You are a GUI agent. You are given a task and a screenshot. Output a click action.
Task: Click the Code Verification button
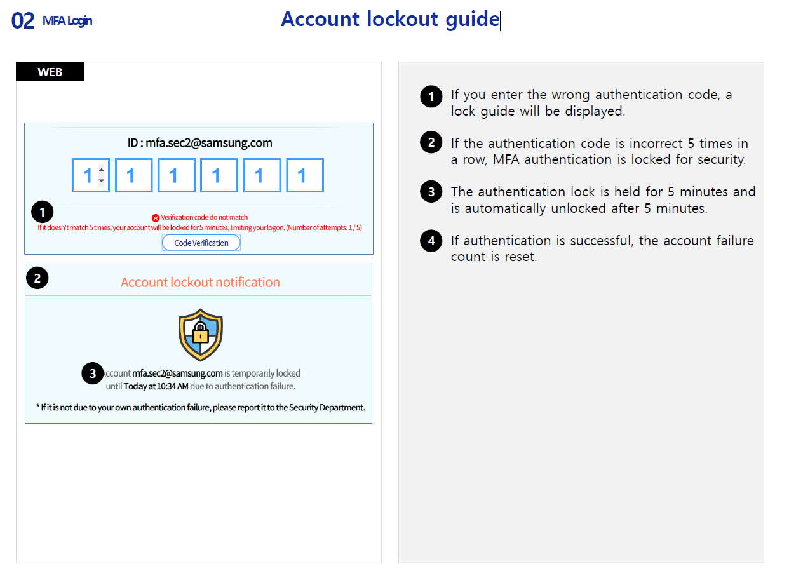201,243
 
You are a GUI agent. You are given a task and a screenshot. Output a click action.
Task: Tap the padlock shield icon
201,334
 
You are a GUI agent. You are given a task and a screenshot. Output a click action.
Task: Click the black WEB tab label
50,72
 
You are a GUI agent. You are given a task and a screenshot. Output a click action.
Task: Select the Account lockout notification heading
200,283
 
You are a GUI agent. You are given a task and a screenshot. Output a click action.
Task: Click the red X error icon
156,218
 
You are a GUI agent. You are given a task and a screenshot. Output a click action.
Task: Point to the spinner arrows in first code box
101,175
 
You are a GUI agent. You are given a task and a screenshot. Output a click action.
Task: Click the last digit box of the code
305,175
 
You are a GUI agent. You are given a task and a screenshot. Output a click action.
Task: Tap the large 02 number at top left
23,21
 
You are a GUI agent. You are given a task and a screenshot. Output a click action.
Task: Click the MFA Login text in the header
67,21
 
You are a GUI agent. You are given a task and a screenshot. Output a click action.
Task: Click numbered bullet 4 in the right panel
431,241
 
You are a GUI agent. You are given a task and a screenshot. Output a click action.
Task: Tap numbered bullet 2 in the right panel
431,143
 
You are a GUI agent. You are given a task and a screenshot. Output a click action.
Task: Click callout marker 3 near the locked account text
93,373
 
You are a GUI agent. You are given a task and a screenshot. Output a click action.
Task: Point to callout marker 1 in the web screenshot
43,212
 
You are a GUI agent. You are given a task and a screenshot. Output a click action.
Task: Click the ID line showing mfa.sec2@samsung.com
199,143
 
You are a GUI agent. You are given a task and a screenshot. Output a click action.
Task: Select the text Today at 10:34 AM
156,386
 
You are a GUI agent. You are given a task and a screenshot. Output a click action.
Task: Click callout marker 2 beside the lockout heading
37,278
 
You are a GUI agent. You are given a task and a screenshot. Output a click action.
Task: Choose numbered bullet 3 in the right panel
431,192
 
